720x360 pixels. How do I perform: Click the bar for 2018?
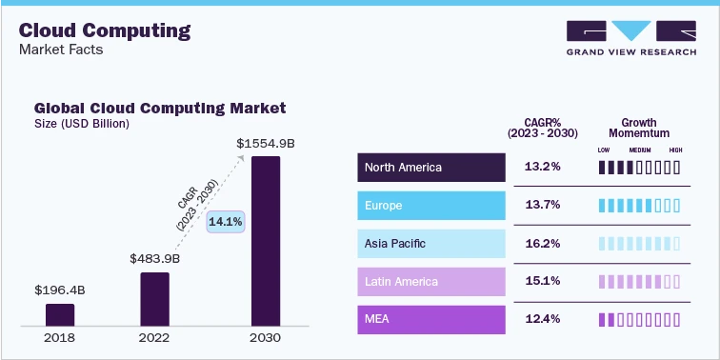click(x=60, y=315)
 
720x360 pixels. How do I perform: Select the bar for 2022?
click(x=154, y=299)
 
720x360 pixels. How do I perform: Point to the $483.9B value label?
click(x=154, y=258)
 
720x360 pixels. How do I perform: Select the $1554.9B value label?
click(x=266, y=143)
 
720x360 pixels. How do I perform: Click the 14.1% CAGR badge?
click(x=226, y=221)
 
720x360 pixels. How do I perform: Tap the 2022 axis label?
click(x=154, y=338)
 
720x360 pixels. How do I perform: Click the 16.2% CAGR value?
click(x=542, y=244)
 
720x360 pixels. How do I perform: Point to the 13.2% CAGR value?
click(x=542, y=168)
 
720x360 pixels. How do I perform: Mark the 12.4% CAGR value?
click(x=542, y=320)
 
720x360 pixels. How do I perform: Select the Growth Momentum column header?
click(x=639, y=129)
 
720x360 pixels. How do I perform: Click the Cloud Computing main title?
click(x=105, y=30)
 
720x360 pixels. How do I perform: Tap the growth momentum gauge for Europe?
click(x=639, y=206)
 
